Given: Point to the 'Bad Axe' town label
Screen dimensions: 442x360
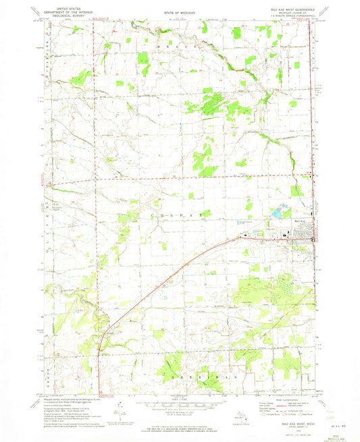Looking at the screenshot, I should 301,221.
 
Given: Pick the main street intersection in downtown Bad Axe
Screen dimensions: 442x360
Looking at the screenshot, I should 312,236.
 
